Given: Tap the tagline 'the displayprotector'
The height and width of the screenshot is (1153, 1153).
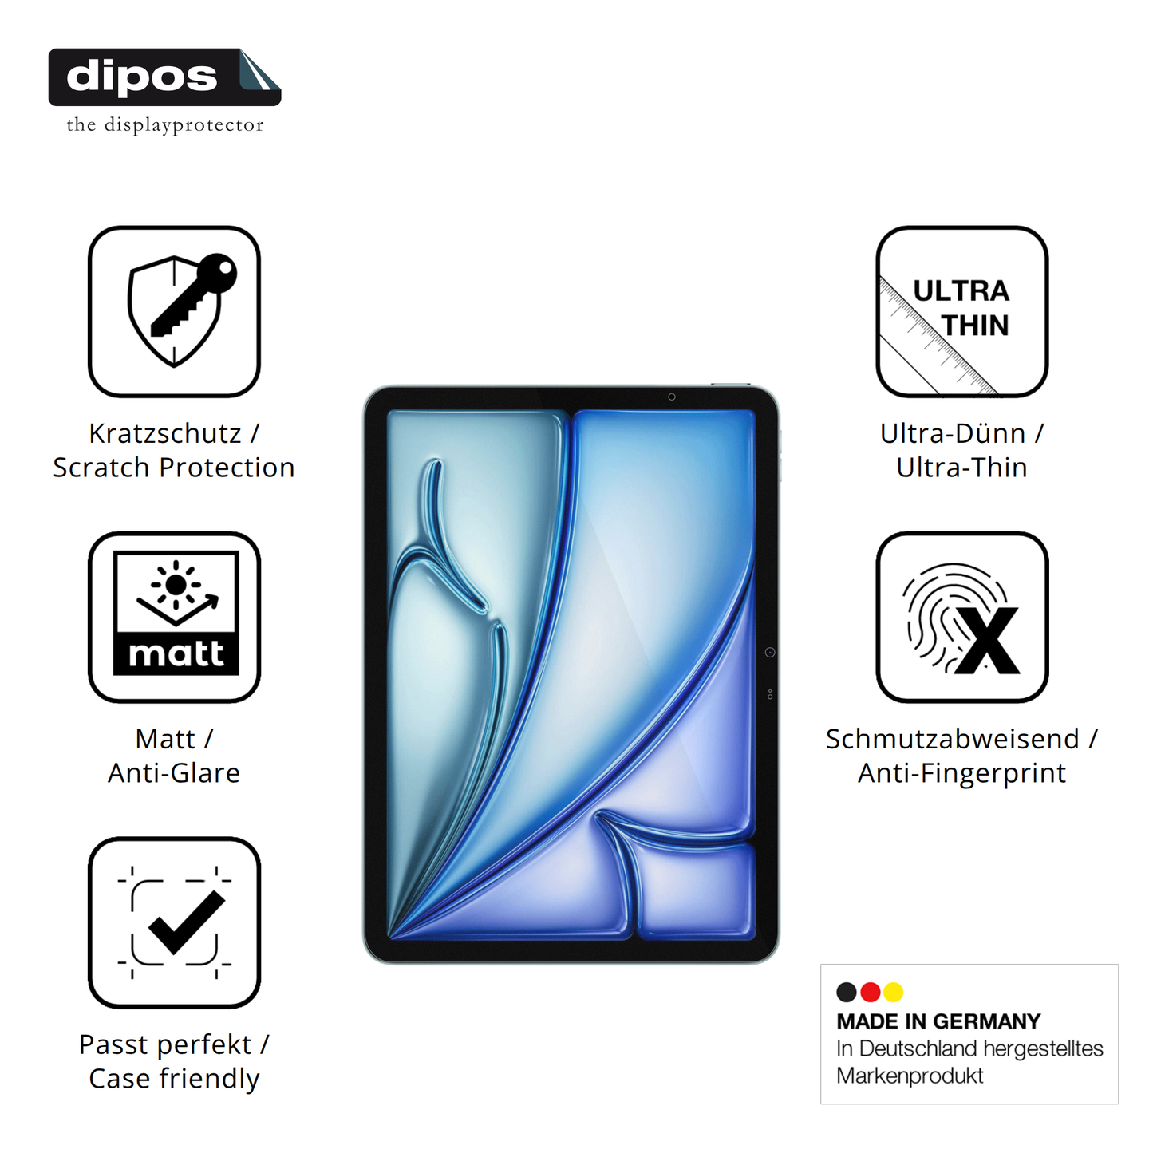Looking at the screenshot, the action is click(165, 125).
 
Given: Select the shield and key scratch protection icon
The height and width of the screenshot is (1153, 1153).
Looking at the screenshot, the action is click(174, 311).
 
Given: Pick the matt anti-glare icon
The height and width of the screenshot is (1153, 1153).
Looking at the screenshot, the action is click(174, 617).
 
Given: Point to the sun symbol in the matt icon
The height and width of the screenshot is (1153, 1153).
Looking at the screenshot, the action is click(176, 585).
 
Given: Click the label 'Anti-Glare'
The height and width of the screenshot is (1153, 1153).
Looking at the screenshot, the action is click(174, 772).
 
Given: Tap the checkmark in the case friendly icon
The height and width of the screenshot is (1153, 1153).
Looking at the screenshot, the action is click(186, 922).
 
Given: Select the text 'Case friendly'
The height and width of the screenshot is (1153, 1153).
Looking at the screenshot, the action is click(174, 1078).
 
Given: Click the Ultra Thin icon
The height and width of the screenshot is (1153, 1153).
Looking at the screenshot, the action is click(962, 311).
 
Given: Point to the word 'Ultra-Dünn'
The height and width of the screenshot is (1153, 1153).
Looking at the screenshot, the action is click(953, 433).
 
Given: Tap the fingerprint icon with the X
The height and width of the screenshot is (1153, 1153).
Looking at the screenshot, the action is click(962, 617).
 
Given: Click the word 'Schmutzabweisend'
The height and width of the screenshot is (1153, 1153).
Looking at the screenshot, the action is click(953, 738).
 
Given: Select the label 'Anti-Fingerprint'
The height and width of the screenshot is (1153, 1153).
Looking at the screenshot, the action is click(962, 772).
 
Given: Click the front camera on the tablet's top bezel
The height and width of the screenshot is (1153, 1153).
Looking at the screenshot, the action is click(672, 397).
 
